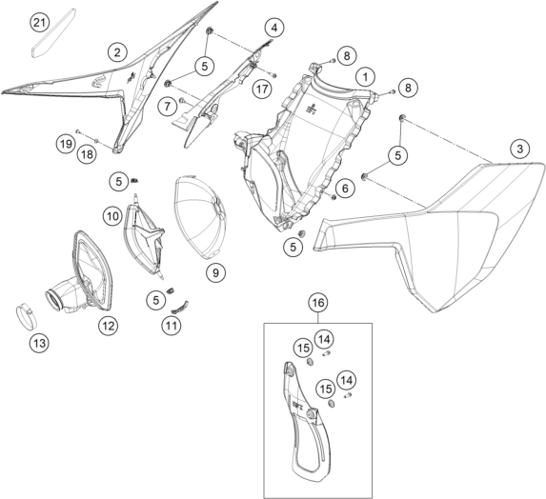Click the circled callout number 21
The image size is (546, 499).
[39, 23]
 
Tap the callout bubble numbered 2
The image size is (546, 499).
[117, 52]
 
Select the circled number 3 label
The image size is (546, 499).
[520, 149]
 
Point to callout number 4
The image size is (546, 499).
[274, 28]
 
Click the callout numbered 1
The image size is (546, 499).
[365, 77]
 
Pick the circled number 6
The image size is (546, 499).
[345, 189]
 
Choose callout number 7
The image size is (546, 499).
[168, 106]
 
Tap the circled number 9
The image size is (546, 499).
[215, 272]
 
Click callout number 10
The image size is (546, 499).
[112, 216]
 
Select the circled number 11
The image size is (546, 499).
[172, 326]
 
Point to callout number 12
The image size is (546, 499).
[109, 326]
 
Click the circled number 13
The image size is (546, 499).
[39, 343]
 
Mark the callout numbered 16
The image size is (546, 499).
[318, 303]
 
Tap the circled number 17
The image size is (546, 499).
[262, 90]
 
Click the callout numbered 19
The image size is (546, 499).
[66, 144]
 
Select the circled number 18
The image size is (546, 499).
[87, 153]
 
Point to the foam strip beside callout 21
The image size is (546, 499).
[53, 32]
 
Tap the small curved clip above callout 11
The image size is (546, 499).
[180, 308]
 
